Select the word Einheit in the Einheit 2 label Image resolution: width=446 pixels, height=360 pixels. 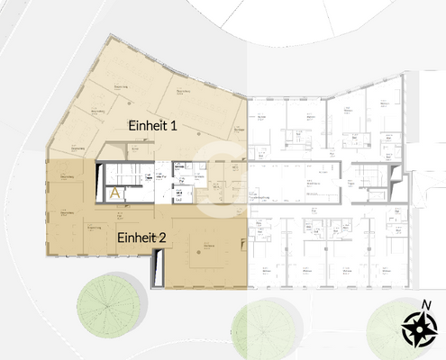click(137, 238)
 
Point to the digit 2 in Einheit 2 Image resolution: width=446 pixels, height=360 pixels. click(163, 238)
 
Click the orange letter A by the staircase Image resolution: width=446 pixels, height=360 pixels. click(115, 193)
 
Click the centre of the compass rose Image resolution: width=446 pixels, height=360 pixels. click(420, 328)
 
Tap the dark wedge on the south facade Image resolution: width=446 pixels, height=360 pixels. click(159, 266)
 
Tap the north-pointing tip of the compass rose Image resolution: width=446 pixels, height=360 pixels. click(420, 313)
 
